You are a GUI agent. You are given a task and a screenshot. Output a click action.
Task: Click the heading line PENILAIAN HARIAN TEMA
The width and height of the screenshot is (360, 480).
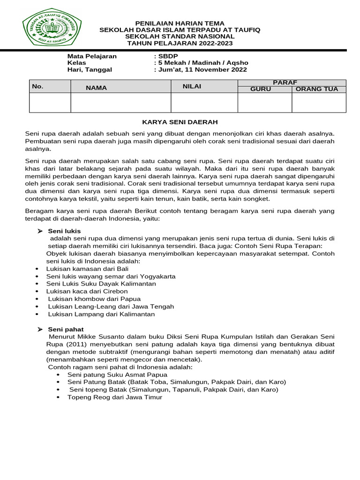pos(180,23)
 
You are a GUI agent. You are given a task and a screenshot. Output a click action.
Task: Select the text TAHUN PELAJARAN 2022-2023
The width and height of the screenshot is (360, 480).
pos(180,43)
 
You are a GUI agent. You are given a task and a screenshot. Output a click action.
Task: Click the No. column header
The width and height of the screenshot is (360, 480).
pos(38,87)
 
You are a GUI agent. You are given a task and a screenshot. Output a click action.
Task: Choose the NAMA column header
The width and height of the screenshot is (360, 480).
pos(97,88)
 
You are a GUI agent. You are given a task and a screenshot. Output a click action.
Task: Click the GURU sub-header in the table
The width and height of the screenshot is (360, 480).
pos(261,89)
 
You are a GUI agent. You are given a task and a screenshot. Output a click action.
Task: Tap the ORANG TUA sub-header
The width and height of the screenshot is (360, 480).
pos(319,89)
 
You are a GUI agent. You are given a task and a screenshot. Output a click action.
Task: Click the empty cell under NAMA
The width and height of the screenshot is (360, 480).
pos(120,103)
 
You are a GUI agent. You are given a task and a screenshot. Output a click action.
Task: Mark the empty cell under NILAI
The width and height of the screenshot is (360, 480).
pos(204,103)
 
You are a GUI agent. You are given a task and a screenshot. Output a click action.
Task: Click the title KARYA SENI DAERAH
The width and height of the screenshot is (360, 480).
pos(180,122)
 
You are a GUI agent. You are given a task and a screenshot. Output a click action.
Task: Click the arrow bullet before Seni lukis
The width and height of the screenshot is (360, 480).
pos(40,231)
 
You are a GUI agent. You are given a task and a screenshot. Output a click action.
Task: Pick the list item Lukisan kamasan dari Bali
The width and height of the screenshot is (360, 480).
pos(87,269)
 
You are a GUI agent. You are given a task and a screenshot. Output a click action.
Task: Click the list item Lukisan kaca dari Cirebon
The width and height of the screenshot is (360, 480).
pos(87,291)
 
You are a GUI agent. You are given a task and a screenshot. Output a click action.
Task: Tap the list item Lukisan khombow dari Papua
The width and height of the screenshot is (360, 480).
pos(94,299)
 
